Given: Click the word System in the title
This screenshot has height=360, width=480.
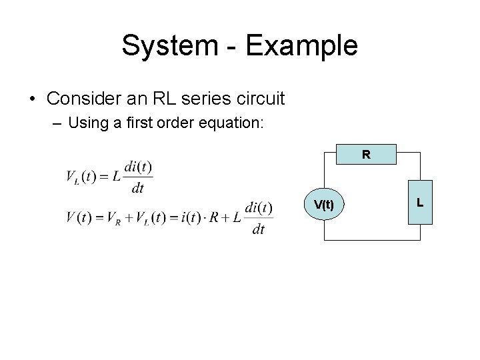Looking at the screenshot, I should click(x=169, y=46).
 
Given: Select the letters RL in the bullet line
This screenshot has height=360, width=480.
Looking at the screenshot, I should click(x=169, y=99).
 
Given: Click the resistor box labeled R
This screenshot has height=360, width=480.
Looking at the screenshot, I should click(x=366, y=154).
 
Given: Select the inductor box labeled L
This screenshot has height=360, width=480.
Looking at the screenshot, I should click(x=420, y=202).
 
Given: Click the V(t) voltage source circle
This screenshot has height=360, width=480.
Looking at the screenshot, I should click(x=324, y=206).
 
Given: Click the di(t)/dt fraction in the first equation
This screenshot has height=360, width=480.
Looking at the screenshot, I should click(x=138, y=177).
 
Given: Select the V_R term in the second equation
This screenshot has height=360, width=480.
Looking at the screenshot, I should click(x=120, y=218).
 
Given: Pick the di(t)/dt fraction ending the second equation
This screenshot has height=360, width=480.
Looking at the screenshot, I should click(x=259, y=218).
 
